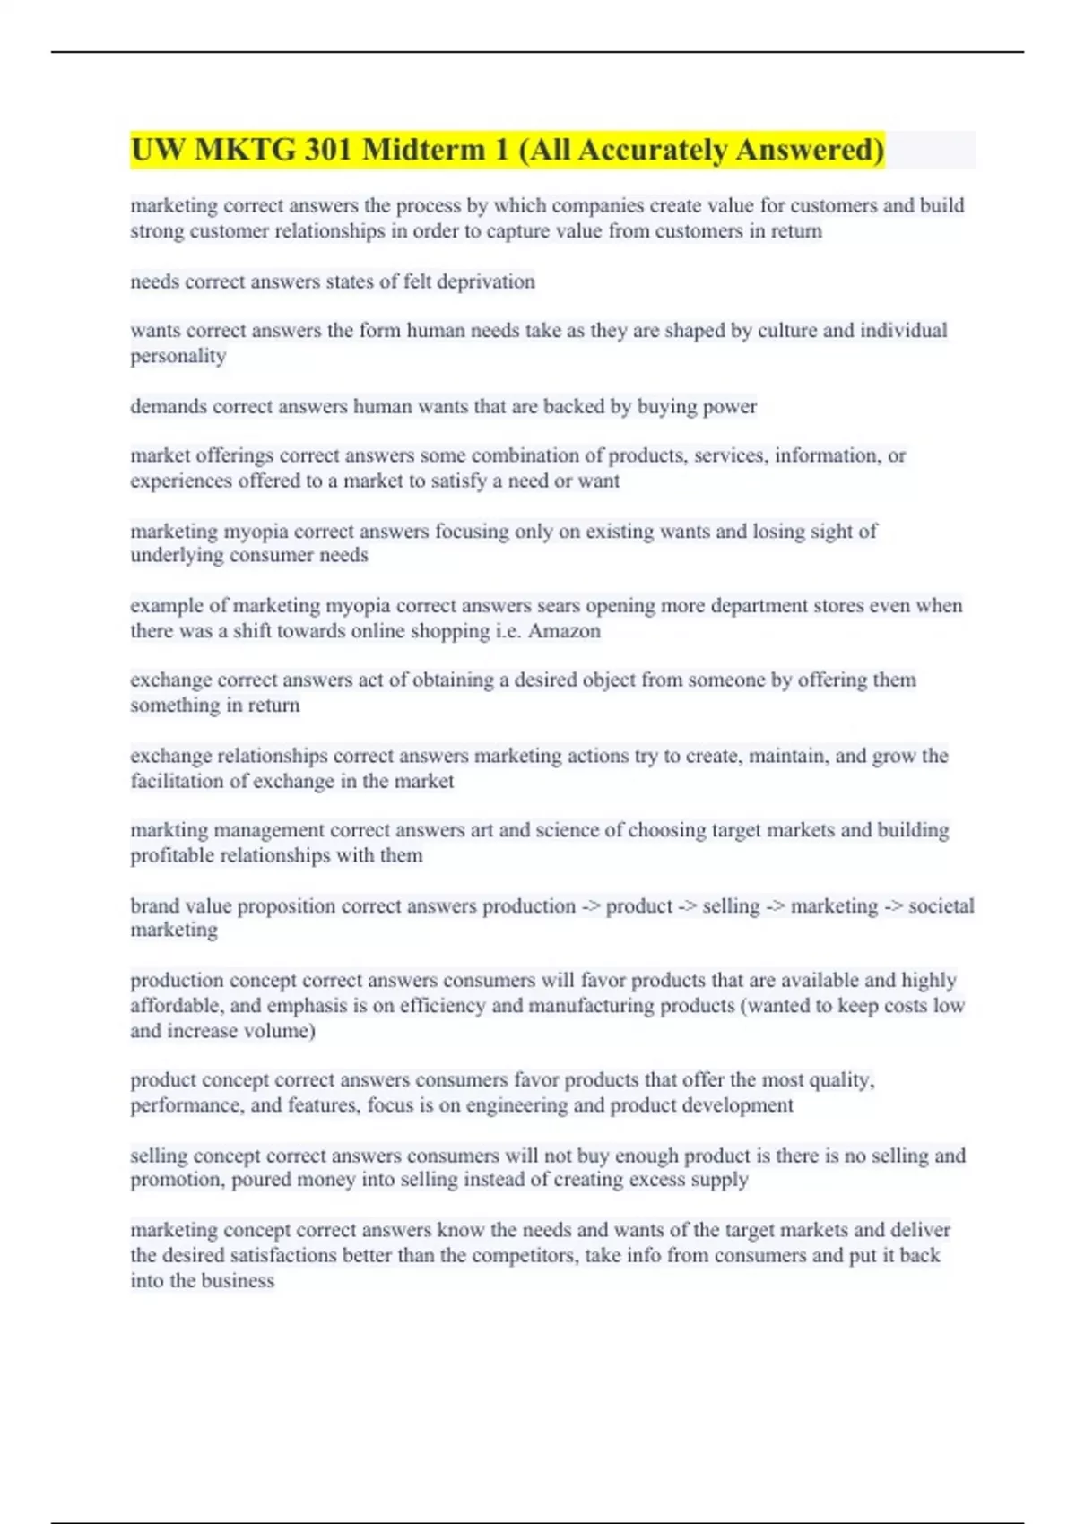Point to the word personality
[178, 356]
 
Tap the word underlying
[176, 555]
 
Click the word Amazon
[564, 631]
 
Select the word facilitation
[176, 781]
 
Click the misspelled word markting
[168, 830]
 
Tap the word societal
[941, 905]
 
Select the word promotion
[175, 1180]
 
